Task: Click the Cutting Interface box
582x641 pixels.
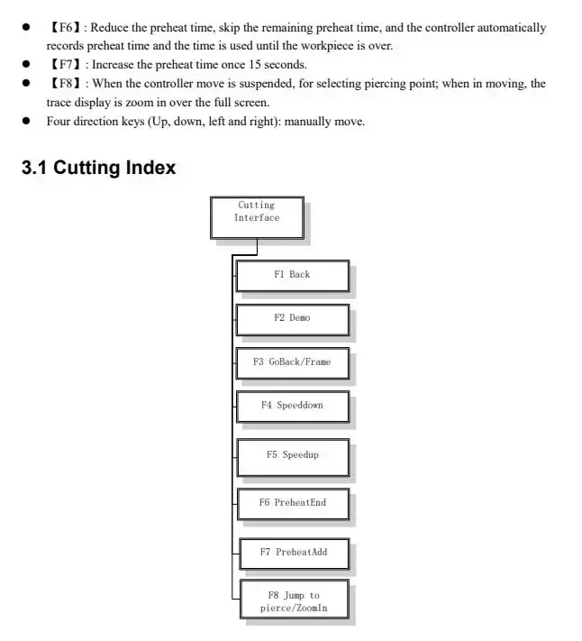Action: [x=257, y=217]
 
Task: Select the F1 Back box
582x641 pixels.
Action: [x=292, y=275]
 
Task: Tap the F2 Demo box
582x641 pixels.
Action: [x=292, y=318]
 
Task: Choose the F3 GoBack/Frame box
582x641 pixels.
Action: [x=292, y=362]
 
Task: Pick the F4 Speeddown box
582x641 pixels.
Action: [x=292, y=406]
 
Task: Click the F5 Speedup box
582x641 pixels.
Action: [x=292, y=455]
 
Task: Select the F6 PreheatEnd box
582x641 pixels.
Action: [x=293, y=503]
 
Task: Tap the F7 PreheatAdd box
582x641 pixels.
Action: [x=293, y=553]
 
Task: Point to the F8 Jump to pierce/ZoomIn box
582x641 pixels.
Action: [x=293, y=601]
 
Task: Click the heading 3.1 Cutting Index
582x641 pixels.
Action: [x=99, y=168]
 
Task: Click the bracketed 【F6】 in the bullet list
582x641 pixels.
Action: [x=64, y=28]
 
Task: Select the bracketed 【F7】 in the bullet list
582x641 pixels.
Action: [x=64, y=65]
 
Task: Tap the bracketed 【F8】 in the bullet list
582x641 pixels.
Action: [x=64, y=84]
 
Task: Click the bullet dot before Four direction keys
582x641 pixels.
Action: [x=28, y=122]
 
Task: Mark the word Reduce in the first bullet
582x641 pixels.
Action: [x=110, y=28]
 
